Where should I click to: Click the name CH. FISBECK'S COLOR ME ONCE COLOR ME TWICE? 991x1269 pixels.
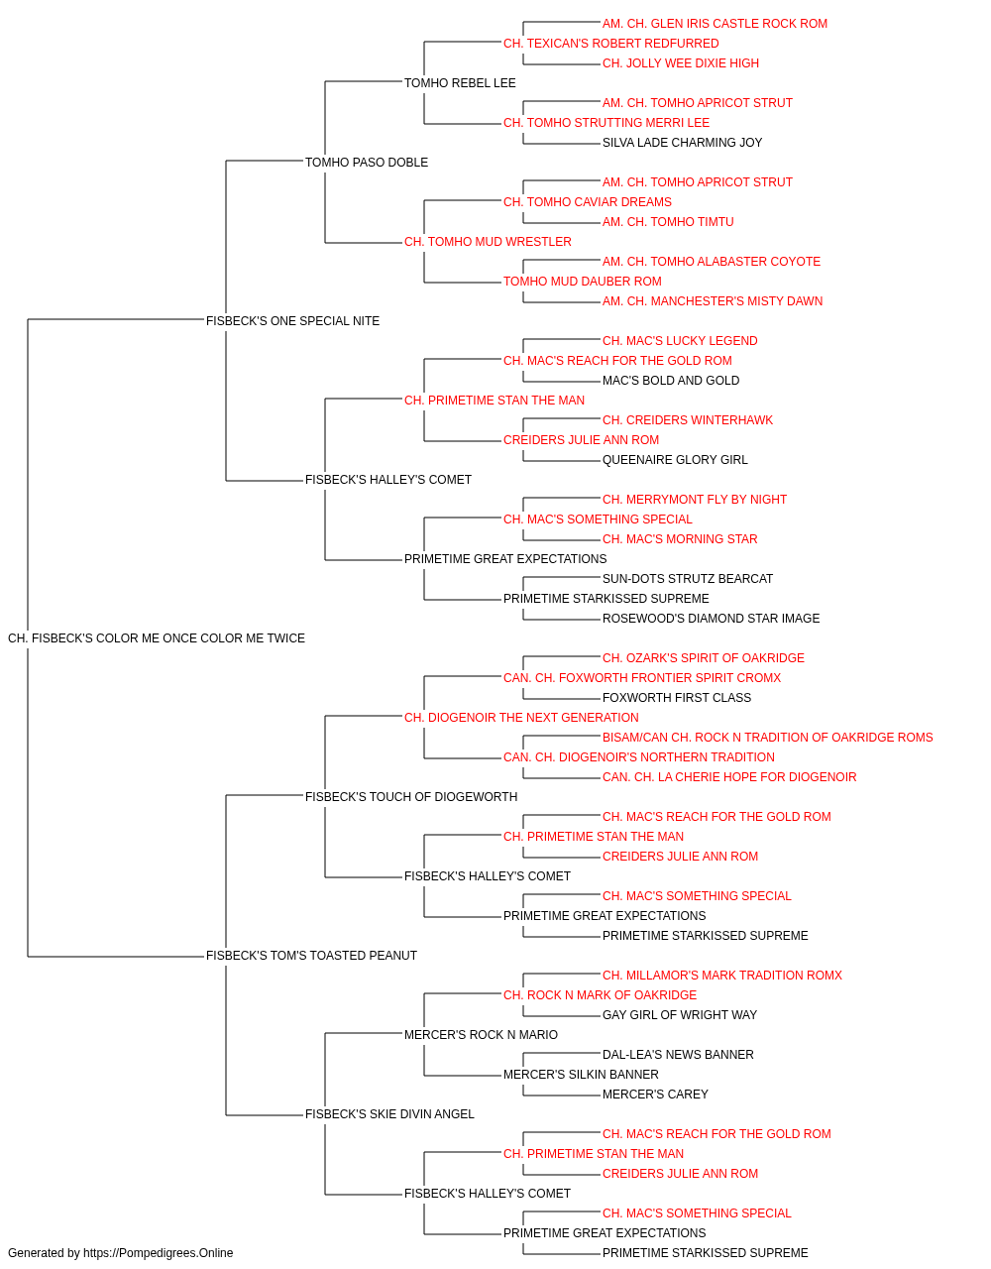157,638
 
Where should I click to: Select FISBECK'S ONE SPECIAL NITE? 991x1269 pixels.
292,321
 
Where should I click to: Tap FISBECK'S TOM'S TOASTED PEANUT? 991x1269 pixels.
311,956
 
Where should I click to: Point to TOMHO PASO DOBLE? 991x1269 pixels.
367,163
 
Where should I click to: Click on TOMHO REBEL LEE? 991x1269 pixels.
460,83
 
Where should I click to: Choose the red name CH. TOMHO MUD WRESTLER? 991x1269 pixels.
488,242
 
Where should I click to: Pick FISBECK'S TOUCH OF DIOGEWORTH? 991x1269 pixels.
411,797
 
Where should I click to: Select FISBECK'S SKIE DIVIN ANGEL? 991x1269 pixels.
389,1114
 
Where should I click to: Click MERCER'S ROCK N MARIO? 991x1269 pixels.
481,1035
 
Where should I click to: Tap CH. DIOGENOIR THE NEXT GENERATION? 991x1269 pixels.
521,718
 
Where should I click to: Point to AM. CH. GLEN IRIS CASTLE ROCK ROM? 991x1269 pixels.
715,24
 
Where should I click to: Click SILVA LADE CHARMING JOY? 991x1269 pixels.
682,143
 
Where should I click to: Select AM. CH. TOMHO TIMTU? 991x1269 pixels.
668,222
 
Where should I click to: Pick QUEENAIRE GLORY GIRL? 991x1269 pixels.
675,460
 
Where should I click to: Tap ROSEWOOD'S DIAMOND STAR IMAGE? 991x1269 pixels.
711,619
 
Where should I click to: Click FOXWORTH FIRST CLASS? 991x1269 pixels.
677,698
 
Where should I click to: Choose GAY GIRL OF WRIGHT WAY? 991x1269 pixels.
680,1015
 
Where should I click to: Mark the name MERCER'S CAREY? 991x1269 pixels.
655,1095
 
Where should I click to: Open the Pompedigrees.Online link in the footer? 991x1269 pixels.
158,1253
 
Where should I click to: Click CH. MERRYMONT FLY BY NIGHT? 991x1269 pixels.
695,500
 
